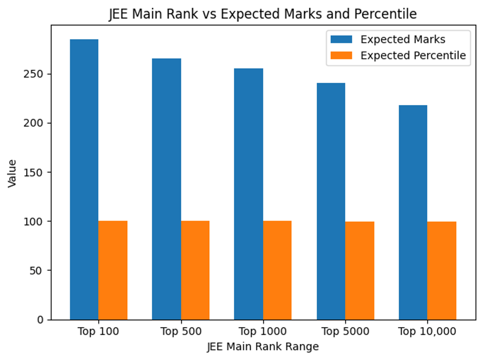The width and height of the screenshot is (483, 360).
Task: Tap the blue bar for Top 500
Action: coord(166,189)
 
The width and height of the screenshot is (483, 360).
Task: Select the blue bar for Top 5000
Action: coord(331,201)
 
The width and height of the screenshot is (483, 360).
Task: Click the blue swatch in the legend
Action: coord(341,39)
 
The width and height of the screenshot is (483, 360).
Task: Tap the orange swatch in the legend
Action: coord(341,55)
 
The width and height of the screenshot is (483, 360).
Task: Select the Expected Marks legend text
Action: coord(402,39)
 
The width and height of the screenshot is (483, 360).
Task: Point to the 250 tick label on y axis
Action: coord(37,74)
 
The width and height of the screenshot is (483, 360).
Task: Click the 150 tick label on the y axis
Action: coord(37,172)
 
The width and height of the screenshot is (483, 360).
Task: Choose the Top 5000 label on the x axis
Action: coord(345,332)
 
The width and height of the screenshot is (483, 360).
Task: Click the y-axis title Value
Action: coord(12,173)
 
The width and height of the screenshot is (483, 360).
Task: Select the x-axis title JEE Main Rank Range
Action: coord(263,347)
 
